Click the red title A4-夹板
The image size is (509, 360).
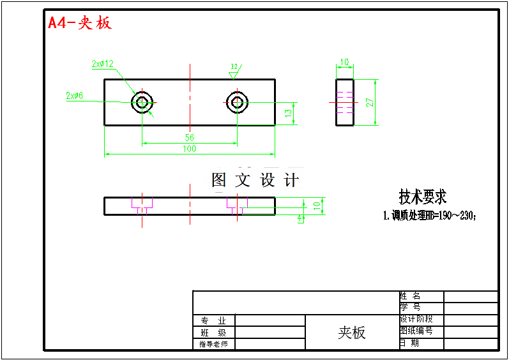(80, 23)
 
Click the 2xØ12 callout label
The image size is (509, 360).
(102, 64)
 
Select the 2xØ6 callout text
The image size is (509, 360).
(75, 96)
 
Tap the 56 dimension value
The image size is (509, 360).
(190, 137)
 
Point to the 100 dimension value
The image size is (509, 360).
(190, 149)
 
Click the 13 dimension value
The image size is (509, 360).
(288, 113)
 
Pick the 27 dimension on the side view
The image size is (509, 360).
(369, 102)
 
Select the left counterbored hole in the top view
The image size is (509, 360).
(142, 101)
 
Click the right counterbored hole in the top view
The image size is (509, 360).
(238, 101)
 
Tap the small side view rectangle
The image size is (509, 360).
(345, 102)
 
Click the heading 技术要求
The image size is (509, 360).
(422, 196)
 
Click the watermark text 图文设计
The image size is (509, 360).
(255, 180)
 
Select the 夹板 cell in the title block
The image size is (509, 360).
(351, 332)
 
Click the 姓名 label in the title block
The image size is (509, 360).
(410, 296)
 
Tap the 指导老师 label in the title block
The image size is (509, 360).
(213, 344)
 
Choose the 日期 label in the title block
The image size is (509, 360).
(410, 343)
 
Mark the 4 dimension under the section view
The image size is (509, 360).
(300, 218)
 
